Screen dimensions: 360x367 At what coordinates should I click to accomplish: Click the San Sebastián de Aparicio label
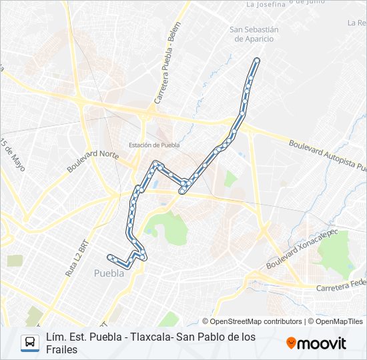(x=254, y=34)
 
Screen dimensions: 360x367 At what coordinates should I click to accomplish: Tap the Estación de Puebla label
(x=155, y=145)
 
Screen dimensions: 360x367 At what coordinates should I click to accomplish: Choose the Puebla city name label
(x=109, y=273)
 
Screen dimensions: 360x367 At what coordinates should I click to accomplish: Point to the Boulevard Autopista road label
(x=327, y=155)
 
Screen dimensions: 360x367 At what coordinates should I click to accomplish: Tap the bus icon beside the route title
(x=30, y=343)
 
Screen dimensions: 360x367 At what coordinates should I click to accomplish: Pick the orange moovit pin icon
(x=291, y=343)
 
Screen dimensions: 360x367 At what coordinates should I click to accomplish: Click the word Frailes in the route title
(x=62, y=349)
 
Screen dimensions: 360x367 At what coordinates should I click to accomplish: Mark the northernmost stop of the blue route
(x=256, y=61)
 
